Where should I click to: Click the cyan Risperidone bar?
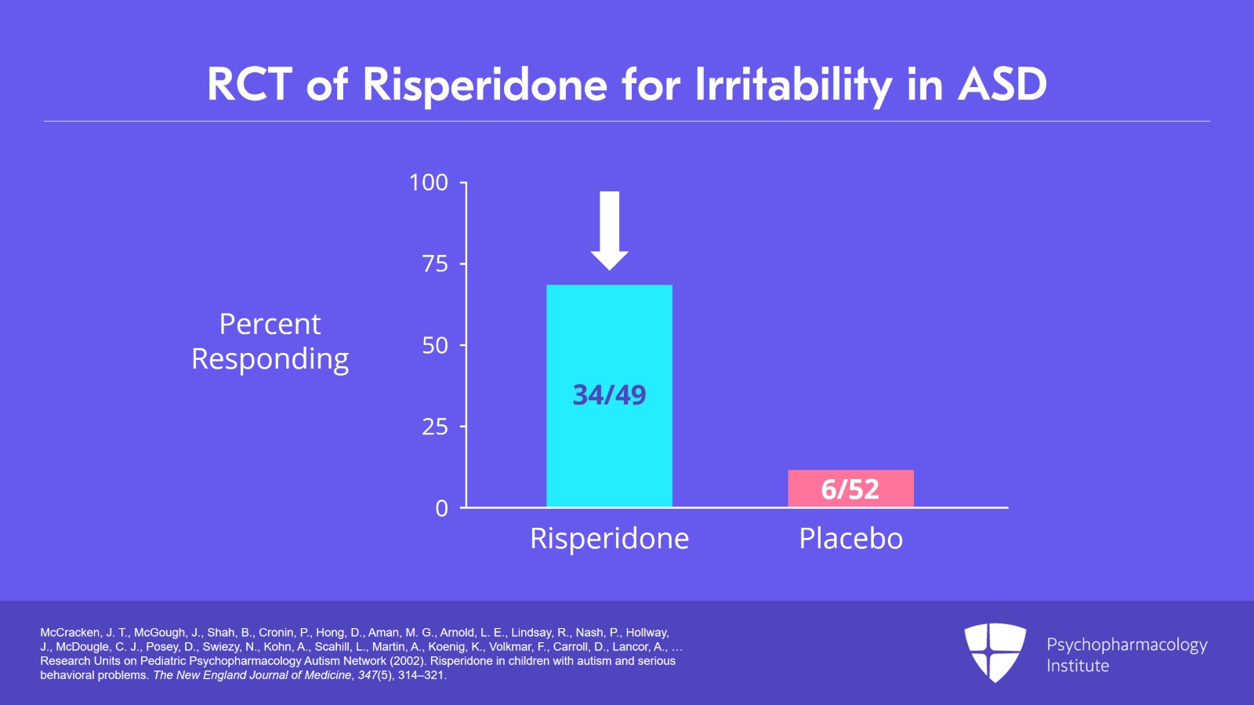click(x=609, y=396)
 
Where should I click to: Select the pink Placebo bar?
click(x=851, y=489)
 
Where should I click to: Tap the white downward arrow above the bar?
click(x=609, y=231)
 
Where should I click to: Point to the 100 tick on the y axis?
click(x=429, y=183)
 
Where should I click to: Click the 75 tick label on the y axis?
click(x=436, y=263)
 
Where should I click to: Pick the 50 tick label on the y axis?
click(x=436, y=346)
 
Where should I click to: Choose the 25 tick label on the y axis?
click(x=436, y=427)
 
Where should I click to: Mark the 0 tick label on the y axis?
click(x=442, y=508)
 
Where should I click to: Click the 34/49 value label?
click(x=609, y=394)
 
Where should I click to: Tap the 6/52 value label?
click(x=850, y=489)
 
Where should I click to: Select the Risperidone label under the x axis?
click(x=609, y=538)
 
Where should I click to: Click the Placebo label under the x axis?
click(x=851, y=538)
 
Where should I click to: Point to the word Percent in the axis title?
click(x=270, y=324)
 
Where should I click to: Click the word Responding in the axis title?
click(x=270, y=359)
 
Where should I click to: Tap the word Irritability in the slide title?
click(x=793, y=85)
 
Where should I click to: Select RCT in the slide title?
click(x=250, y=85)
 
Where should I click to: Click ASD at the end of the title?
click(x=1002, y=85)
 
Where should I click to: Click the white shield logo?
click(x=995, y=652)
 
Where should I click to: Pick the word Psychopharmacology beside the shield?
click(x=1127, y=645)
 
